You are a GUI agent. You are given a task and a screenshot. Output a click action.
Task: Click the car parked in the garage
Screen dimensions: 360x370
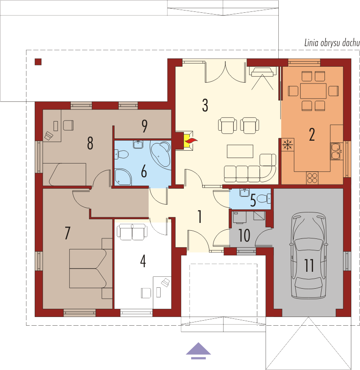tap(308, 255)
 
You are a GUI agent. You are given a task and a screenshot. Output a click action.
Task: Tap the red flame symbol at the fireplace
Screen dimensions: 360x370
tap(191, 141)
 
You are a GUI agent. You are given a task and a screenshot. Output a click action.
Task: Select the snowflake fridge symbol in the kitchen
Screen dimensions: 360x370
tap(287, 144)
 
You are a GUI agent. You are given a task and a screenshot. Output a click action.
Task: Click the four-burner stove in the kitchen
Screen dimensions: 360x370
tap(312, 178)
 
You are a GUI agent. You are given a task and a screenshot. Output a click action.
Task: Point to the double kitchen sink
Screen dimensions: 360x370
tap(336, 151)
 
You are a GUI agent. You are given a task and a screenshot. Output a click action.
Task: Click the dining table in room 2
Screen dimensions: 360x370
tap(313, 91)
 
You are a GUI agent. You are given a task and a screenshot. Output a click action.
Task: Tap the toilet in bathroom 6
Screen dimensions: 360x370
tap(121, 154)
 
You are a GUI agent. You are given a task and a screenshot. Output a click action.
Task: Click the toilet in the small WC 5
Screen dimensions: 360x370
tap(263, 198)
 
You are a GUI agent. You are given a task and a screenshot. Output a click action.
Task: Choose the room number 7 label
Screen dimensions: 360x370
tap(68, 233)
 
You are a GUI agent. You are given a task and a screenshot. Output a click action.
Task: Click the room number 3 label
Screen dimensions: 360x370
tap(205, 105)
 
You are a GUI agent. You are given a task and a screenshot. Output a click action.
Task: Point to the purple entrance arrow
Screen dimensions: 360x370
tap(198, 351)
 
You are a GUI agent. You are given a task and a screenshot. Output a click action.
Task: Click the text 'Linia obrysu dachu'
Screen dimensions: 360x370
tap(332, 43)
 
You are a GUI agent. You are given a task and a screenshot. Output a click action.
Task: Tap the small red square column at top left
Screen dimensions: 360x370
tap(38, 62)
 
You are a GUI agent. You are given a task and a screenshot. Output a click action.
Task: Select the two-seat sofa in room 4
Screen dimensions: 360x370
tap(132, 232)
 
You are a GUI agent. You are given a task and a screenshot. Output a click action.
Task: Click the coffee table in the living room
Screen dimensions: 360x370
tap(240, 151)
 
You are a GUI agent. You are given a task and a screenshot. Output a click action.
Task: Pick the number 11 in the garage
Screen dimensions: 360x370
tap(309, 265)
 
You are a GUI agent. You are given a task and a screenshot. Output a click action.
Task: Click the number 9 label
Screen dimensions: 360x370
tap(145, 126)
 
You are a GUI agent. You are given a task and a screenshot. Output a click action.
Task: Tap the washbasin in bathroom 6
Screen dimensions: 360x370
tap(138, 144)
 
